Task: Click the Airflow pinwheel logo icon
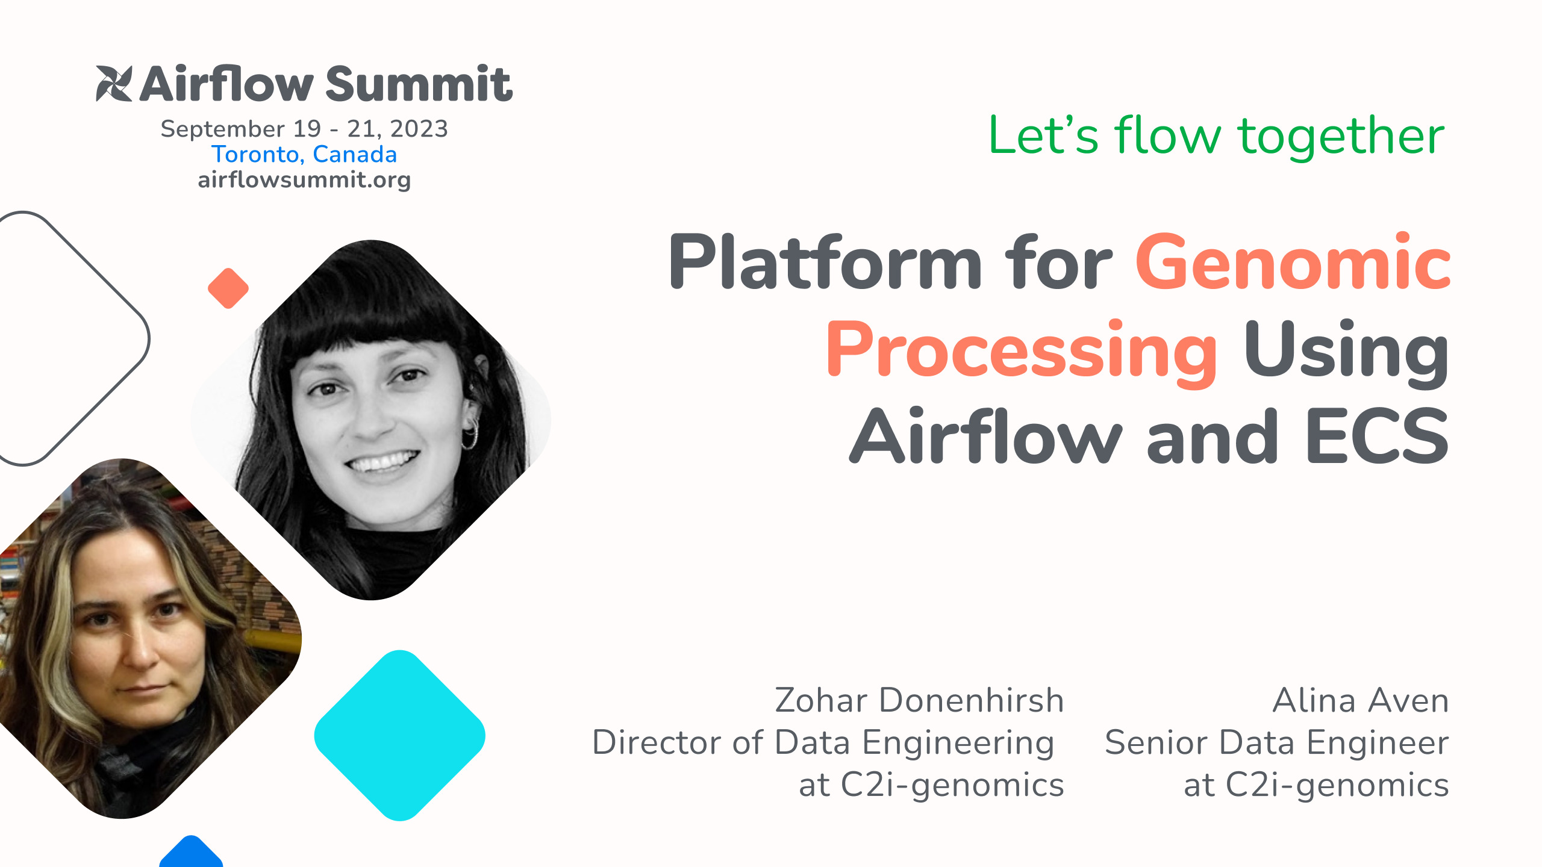pyautogui.click(x=114, y=84)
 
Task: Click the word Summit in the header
pyautogui.click(x=419, y=84)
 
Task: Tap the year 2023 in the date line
pyautogui.click(x=419, y=129)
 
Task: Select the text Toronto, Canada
pyautogui.click(x=304, y=154)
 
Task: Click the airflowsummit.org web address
pyautogui.click(x=304, y=179)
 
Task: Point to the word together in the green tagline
pyautogui.click(x=1341, y=136)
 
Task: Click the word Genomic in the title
pyautogui.click(x=1293, y=263)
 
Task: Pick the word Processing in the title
pyautogui.click(x=1022, y=350)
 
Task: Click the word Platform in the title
pyautogui.click(x=825, y=263)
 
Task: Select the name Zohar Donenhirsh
pyautogui.click(x=919, y=701)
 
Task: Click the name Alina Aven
pyautogui.click(x=1360, y=701)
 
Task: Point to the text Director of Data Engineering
pyautogui.click(x=823, y=742)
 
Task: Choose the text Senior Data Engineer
pyautogui.click(x=1276, y=742)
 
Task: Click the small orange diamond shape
pyautogui.click(x=228, y=288)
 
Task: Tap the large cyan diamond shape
pyautogui.click(x=400, y=735)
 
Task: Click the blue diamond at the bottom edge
pyautogui.click(x=191, y=854)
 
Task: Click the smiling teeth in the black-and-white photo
pyautogui.click(x=382, y=462)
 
